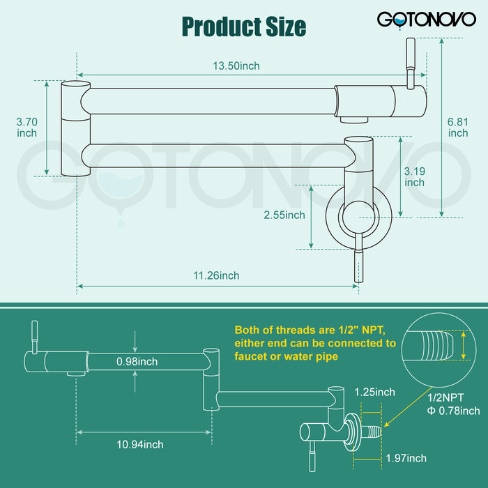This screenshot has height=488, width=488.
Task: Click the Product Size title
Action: coord(243,26)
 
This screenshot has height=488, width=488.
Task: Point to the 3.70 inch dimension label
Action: coord(26,127)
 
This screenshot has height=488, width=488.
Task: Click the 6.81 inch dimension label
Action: coord(458,127)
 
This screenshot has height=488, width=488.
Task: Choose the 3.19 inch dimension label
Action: coord(414,176)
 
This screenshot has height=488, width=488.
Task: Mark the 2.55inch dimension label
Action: coord(284,215)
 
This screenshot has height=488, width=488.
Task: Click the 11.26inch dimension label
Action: coord(215,275)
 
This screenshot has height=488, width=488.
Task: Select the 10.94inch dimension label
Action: coord(139,444)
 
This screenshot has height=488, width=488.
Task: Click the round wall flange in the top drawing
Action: coord(359,216)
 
